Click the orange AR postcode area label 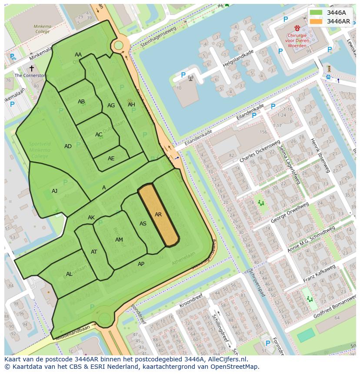click(x=158, y=215)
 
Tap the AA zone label click(x=78, y=55)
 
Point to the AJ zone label click(x=54, y=191)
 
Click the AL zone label click(x=69, y=274)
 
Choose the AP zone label click(x=141, y=264)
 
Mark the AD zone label click(x=68, y=146)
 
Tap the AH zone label click(x=131, y=105)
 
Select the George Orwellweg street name click(x=290, y=212)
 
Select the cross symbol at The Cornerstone click(x=31, y=68)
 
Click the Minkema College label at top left click(x=42, y=29)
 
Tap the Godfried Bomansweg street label click(x=334, y=307)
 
